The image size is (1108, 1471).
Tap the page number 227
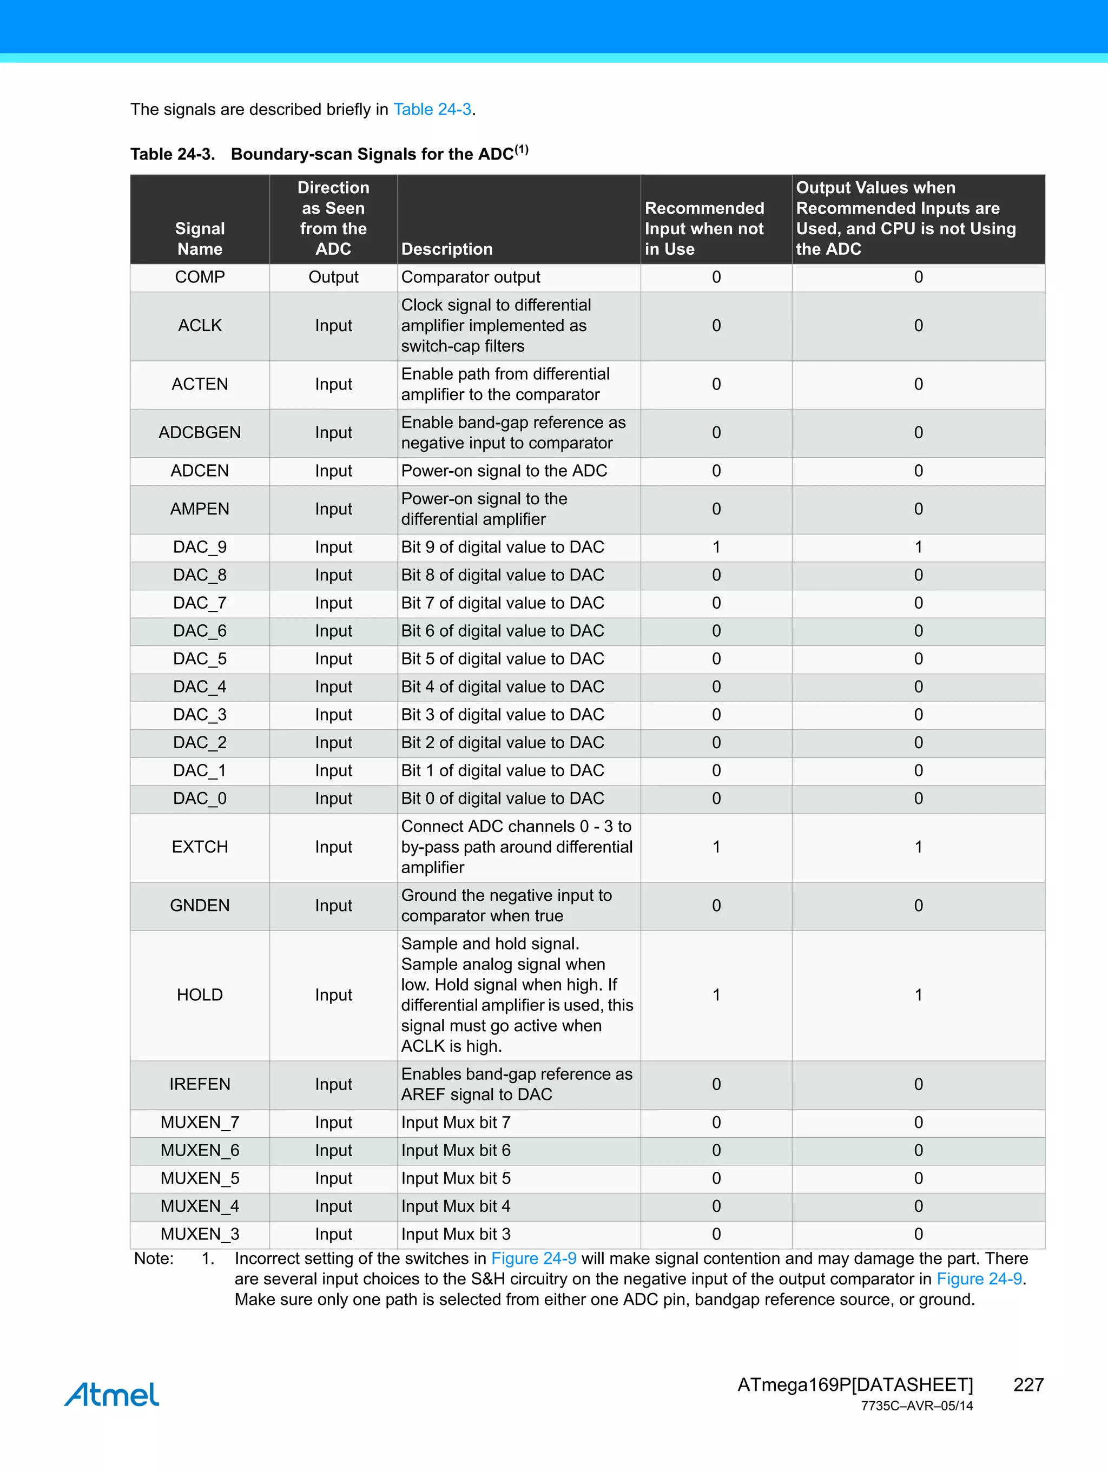pyautogui.click(x=1028, y=1384)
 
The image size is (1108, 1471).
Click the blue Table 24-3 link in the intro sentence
pyautogui.click(x=432, y=109)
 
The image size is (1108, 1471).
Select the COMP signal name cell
pyautogui.click(x=200, y=278)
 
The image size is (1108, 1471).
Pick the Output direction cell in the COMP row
pyautogui.click(x=333, y=278)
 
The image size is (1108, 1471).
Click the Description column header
pyautogui.click(x=447, y=249)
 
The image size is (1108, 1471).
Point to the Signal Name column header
pyautogui.click(x=200, y=239)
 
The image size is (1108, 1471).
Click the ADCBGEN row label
pyautogui.click(x=200, y=433)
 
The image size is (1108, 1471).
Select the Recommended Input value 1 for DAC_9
pyautogui.click(x=716, y=547)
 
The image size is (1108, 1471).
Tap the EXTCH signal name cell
pyautogui.click(x=200, y=847)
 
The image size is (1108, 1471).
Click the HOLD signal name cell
pyautogui.click(x=200, y=995)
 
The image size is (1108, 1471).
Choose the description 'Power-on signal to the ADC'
pyautogui.click(x=504, y=471)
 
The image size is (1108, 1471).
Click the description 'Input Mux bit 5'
pyautogui.click(x=456, y=1178)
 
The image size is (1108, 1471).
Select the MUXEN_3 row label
pyautogui.click(x=200, y=1234)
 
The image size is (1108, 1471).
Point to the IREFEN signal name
pyautogui.click(x=200, y=1084)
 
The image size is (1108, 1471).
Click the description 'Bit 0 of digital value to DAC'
pyautogui.click(x=503, y=798)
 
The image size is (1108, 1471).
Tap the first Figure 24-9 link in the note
pyautogui.click(x=533, y=1258)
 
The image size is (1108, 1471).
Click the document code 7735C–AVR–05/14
pyautogui.click(x=916, y=1406)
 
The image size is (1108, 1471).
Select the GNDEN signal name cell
pyautogui.click(x=200, y=906)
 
